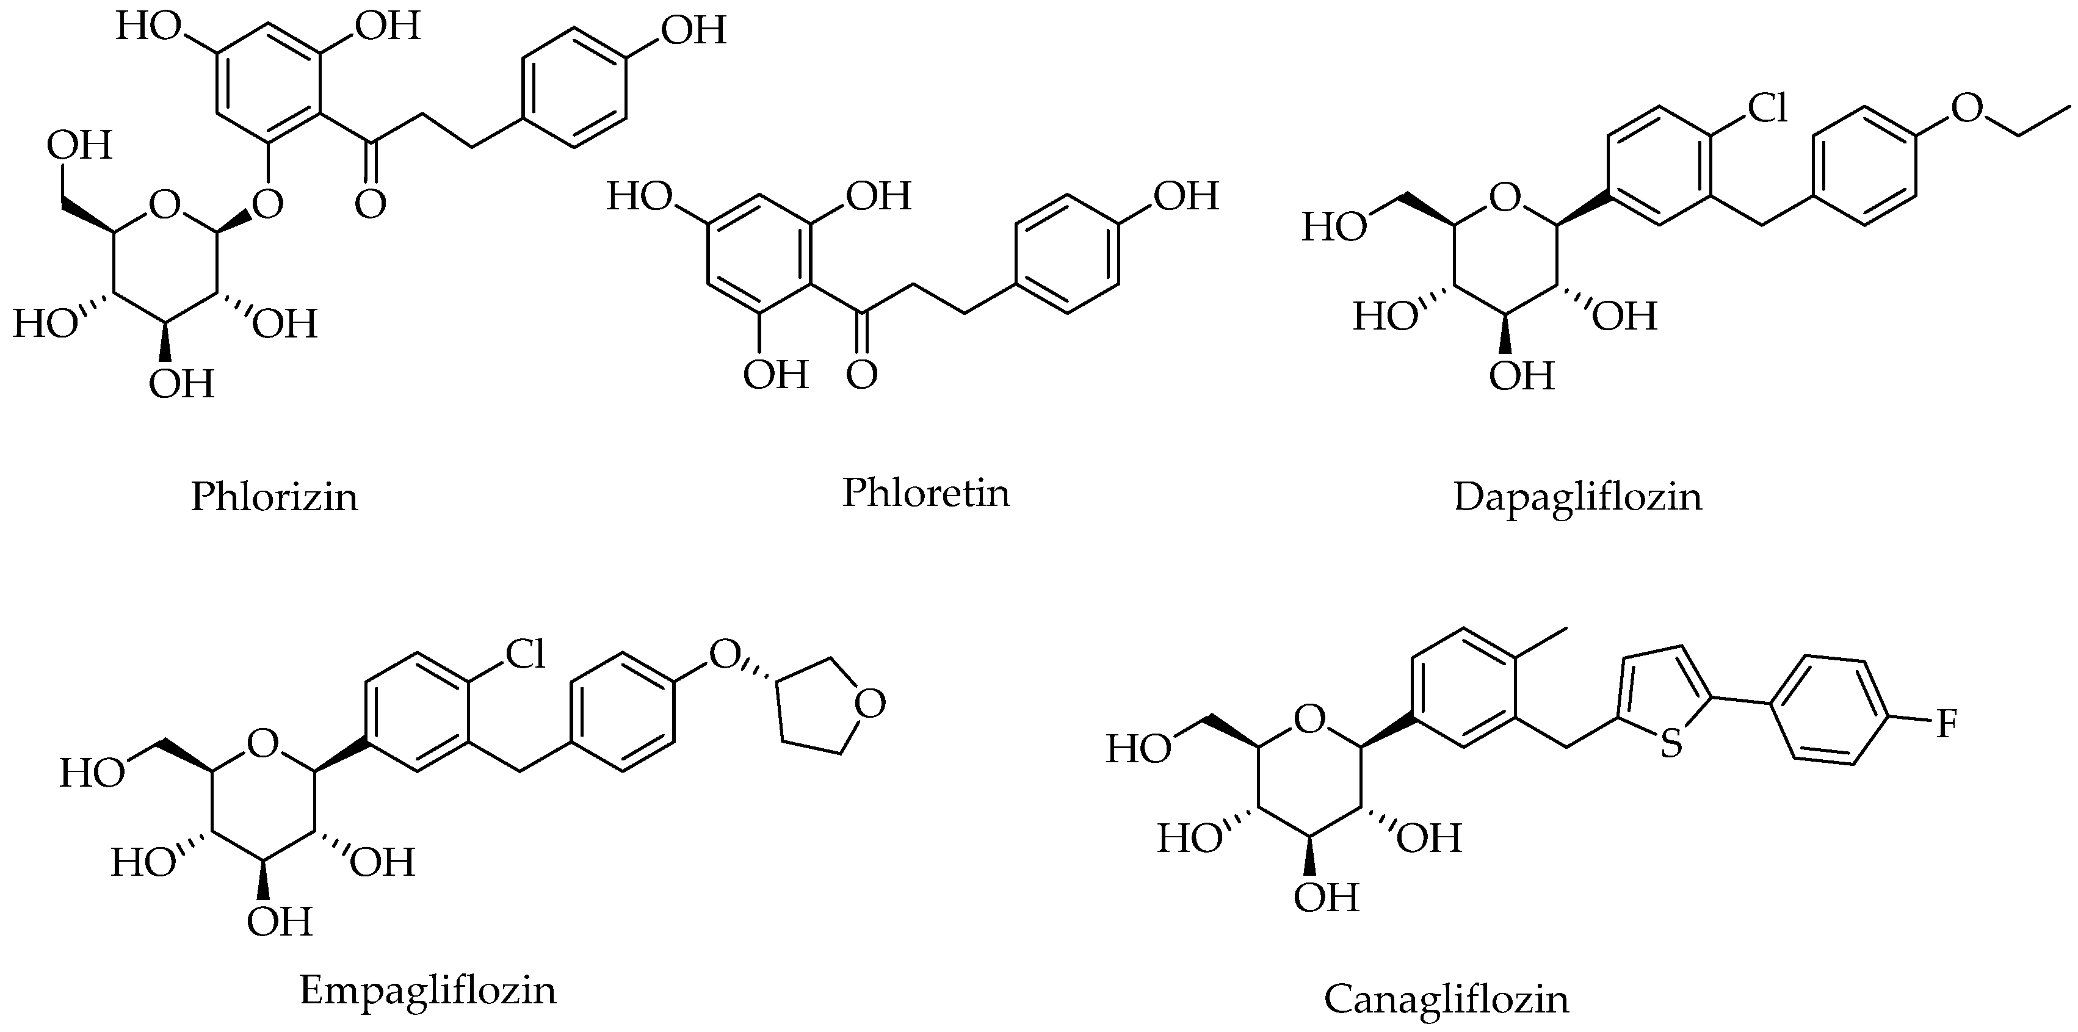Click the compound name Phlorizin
pyautogui.click(x=274, y=497)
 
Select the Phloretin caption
pyautogui.click(x=925, y=492)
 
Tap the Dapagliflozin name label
pyautogui.click(x=1578, y=497)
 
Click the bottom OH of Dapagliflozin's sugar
pyautogui.click(x=1521, y=376)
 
